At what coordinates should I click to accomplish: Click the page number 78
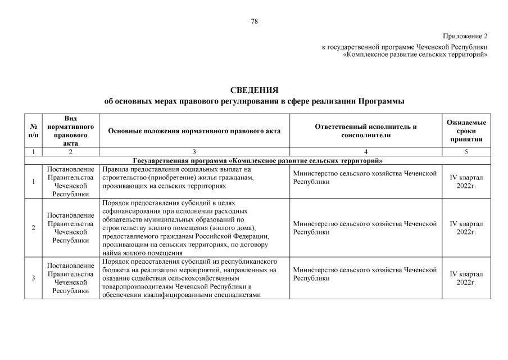[254, 21]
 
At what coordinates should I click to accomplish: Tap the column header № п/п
[33, 131]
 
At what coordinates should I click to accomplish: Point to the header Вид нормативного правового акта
[71, 130]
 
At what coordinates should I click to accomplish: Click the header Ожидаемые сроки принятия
[466, 130]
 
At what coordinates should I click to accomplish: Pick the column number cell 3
[194, 152]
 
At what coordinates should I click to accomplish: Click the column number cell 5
[466, 152]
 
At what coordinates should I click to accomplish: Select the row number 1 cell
[33, 181]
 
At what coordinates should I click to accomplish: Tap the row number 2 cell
[33, 228]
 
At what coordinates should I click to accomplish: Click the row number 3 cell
[33, 278]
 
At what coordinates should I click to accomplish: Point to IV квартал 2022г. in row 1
[466, 181]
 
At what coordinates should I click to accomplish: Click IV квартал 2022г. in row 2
[466, 228]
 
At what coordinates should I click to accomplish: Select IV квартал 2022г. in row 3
[466, 278]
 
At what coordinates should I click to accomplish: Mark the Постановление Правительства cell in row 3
[71, 278]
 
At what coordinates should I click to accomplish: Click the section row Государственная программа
[254, 160]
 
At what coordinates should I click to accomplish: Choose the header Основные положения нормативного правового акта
[194, 131]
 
